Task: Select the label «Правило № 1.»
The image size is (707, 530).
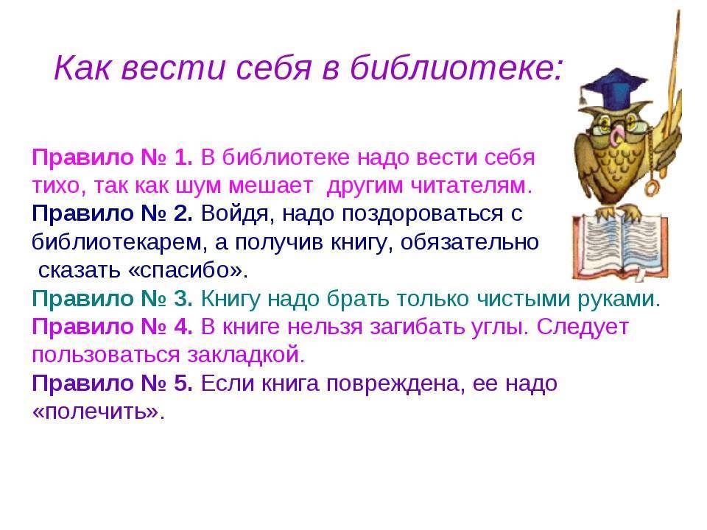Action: (x=112, y=158)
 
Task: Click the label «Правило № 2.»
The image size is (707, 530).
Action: (x=112, y=213)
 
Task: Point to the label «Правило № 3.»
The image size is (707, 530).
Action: (x=112, y=298)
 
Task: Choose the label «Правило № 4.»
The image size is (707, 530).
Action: (x=112, y=326)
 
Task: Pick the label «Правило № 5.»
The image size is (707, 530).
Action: (x=112, y=383)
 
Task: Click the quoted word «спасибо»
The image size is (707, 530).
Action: (x=186, y=270)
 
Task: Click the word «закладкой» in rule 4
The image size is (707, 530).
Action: (x=246, y=355)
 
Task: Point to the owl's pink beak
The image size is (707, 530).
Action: (x=616, y=132)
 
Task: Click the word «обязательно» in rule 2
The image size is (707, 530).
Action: (x=469, y=242)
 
